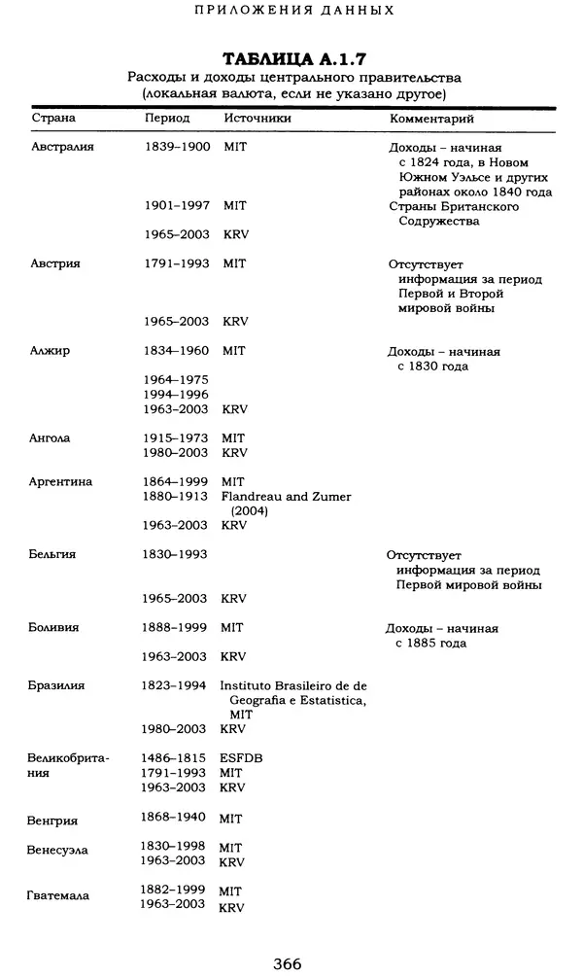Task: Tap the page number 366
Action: pos(288,962)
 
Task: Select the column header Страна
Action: pos(52,118)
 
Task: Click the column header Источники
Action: pos(257,118)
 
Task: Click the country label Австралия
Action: pos(62,147)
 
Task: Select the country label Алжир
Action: pos(51,352)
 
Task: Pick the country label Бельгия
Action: pos(53,554)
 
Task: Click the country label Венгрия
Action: pos(53,820)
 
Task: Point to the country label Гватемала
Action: pos(58,895)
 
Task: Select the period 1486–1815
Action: pos(176,757)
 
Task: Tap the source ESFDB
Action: pos(242,757)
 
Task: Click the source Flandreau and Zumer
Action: pos(286,497)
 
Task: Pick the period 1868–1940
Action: pos(176,819)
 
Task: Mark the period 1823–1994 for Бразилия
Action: pos(176,685)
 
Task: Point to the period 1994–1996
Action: pos(176,395)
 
